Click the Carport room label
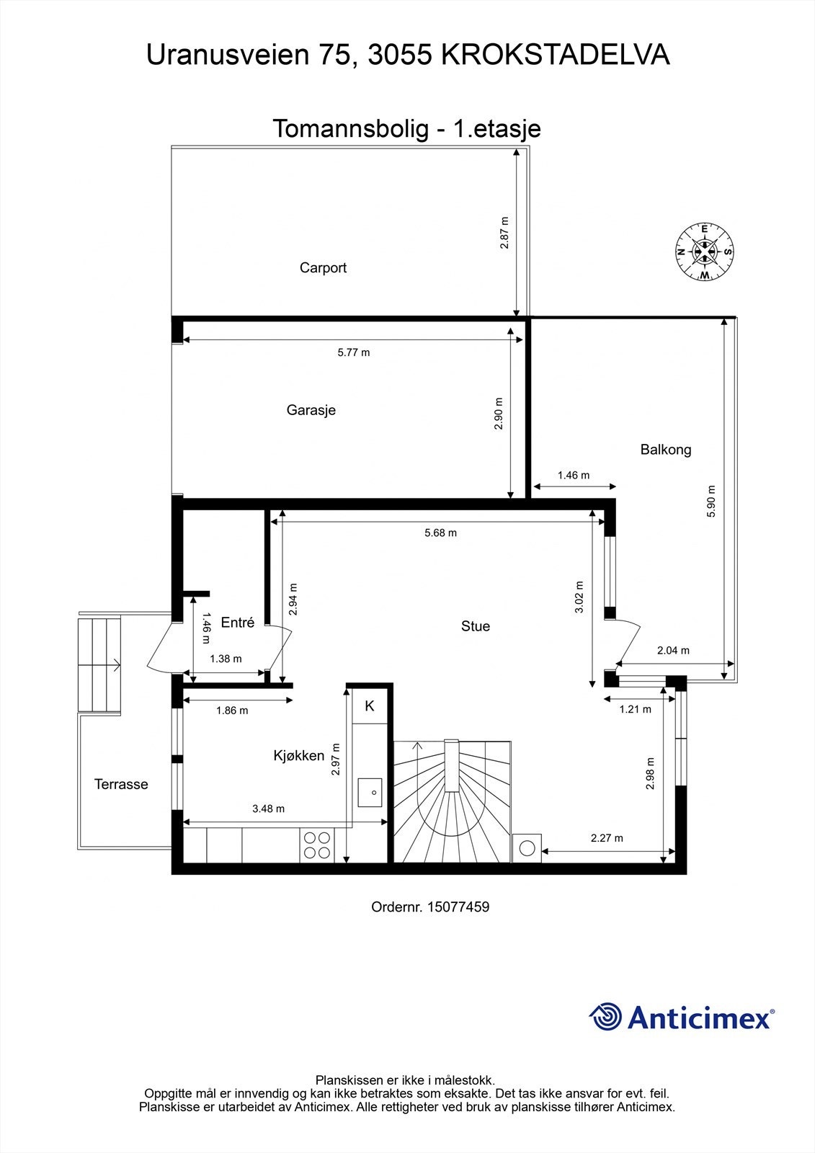coord(323,267)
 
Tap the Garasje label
coord(311,410)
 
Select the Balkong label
coord(665,450)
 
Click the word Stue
coord(475,626)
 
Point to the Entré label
coord(237,623)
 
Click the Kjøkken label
coord(298,755)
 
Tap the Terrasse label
coord(121,784)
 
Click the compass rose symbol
coord(704,251)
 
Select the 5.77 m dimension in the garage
coord(353,352)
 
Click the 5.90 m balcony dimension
coord(711,500)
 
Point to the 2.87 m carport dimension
coord(504,233)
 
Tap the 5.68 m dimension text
coord(440,533)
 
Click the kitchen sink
coord(372,791)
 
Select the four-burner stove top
coord(317,845)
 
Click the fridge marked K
coord(370,706)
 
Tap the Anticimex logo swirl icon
coord(606,1017)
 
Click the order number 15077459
coord(458,907)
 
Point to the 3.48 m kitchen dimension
coord(268,809)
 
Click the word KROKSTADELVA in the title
coord(555,55)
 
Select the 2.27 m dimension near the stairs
coord(607,838)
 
